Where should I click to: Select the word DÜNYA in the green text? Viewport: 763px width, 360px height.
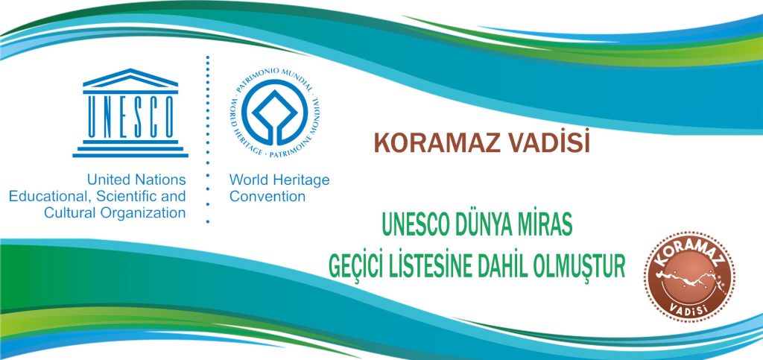tap(492, 225)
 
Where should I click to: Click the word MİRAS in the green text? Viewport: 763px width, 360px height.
tap(551, 226)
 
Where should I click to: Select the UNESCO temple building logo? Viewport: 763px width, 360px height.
tap(130, 113)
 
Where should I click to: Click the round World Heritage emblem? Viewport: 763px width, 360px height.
tap(275, 113)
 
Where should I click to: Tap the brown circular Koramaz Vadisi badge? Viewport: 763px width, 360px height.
tap(689, 277)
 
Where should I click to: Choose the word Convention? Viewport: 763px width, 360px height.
tap(267, 197)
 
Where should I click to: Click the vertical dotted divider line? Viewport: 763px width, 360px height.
tap(208, 139)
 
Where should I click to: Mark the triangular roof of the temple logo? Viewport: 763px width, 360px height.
tap(130, 78)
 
